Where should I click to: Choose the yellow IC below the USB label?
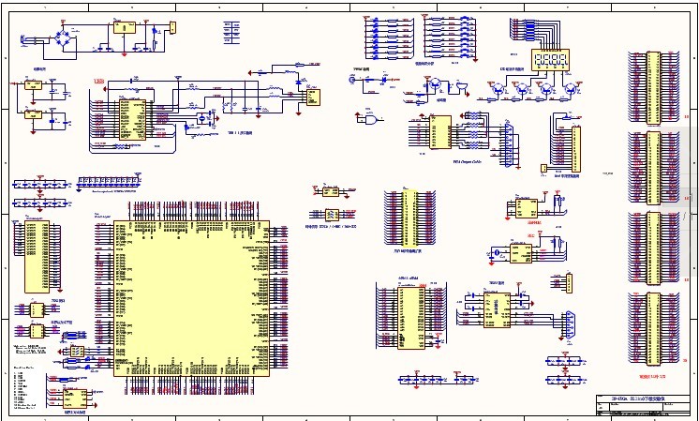click(x=130, y=117)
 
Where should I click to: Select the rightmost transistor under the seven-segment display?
click(x=571, y=90)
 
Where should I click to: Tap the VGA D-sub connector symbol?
click(x=510, y=143)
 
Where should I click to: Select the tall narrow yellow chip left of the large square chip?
click(x=36, y=255)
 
